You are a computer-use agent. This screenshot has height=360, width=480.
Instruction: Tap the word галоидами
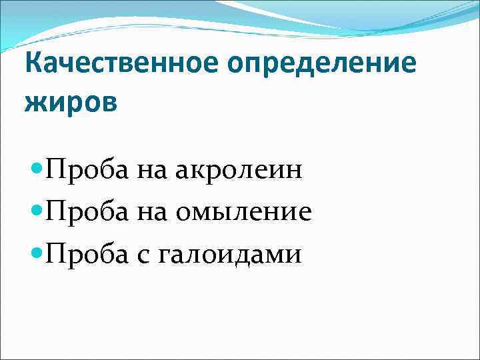[230, 255]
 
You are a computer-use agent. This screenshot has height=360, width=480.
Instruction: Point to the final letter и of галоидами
[294, 255]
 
